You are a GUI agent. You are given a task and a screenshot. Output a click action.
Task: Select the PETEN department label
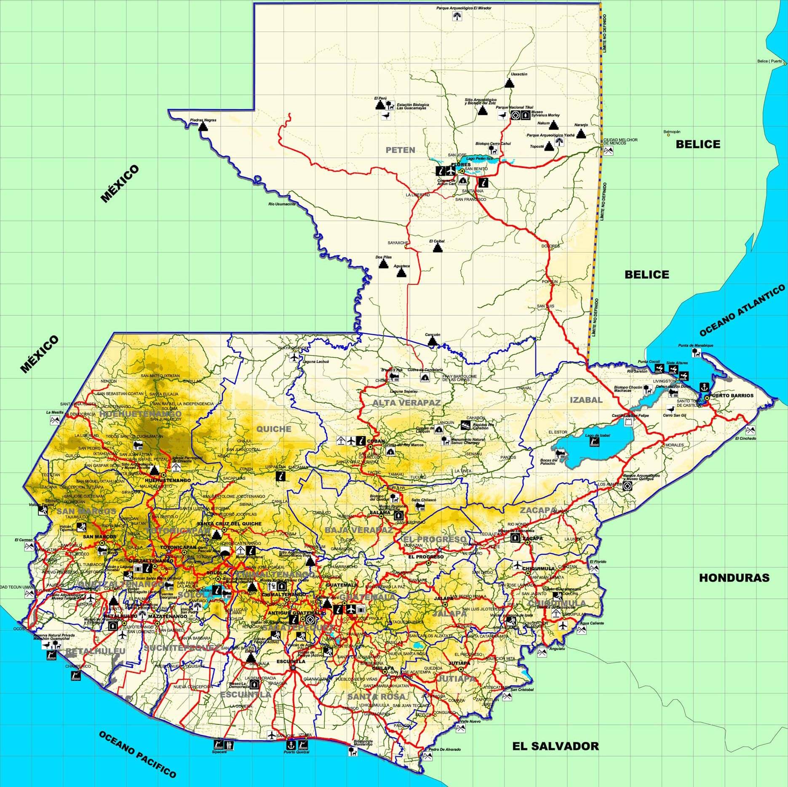coord(400,150)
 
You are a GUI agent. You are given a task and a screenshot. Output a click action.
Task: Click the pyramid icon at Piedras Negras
coord(203,126)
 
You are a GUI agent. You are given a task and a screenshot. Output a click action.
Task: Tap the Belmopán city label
coord(672,132)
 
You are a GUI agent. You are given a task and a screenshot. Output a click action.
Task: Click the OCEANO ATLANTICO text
coord(742,310)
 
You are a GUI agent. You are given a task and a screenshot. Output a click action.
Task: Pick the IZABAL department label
coord(585,400)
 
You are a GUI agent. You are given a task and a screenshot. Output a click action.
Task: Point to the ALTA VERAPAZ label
coord(406,403)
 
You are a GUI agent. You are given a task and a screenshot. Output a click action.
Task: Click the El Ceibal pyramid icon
coord(438,248)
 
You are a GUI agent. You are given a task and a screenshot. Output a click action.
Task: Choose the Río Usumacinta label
coord(282,204)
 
